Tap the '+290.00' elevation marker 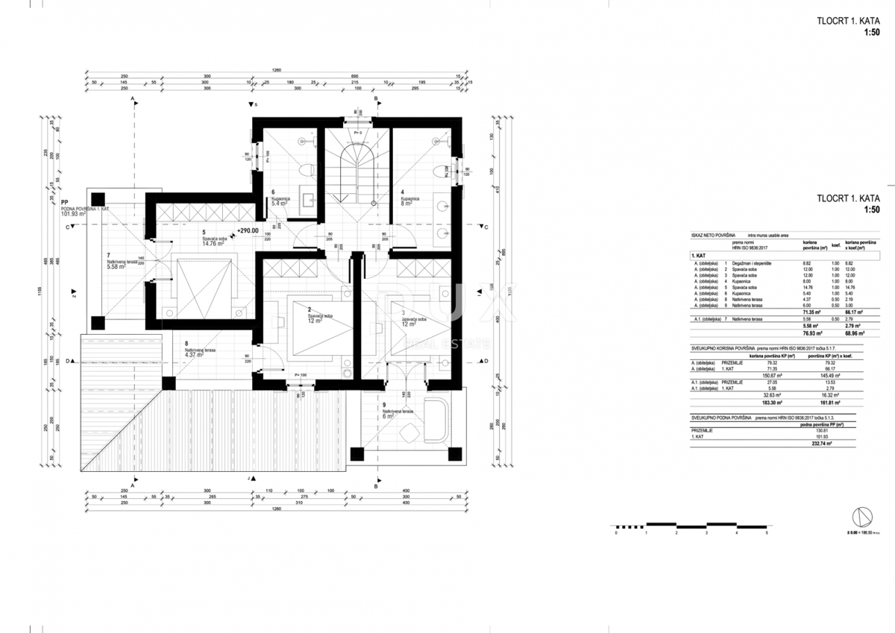247,231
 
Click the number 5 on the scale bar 766,534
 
